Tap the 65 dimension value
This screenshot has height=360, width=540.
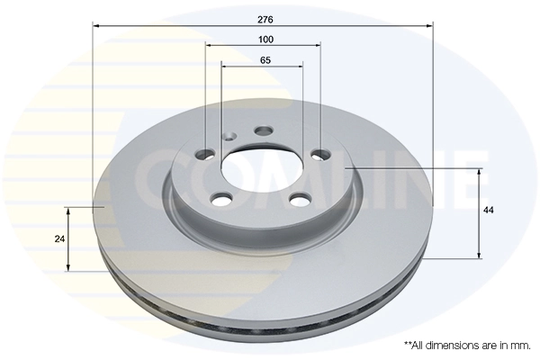pos(265,60)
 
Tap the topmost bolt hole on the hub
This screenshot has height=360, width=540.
pos(263,131)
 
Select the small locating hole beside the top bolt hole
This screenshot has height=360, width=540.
pos(229,137)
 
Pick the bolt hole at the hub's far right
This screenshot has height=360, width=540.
pos(319,157)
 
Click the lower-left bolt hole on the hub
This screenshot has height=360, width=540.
pos(219,198)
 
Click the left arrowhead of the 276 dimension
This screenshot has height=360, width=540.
pos(96,27)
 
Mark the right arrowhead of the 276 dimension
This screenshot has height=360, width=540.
pos(430,27)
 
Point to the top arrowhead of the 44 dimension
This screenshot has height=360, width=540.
pos(481,171)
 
